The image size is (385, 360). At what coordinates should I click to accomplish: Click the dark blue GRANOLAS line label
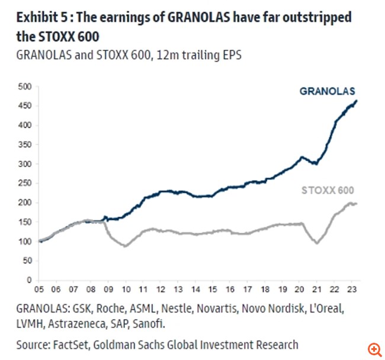point(328,91)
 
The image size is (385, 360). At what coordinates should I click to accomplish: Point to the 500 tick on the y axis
point(24,87)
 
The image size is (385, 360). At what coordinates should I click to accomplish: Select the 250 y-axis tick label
point(24,184)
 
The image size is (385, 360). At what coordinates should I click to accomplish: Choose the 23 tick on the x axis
point(353,290)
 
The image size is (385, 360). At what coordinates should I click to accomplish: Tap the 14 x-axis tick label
point(197,290)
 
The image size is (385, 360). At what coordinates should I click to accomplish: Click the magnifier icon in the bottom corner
point(373,348)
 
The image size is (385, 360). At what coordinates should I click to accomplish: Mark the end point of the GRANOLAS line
point(357,101)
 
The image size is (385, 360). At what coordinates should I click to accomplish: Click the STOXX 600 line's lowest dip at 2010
point(126,246)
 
